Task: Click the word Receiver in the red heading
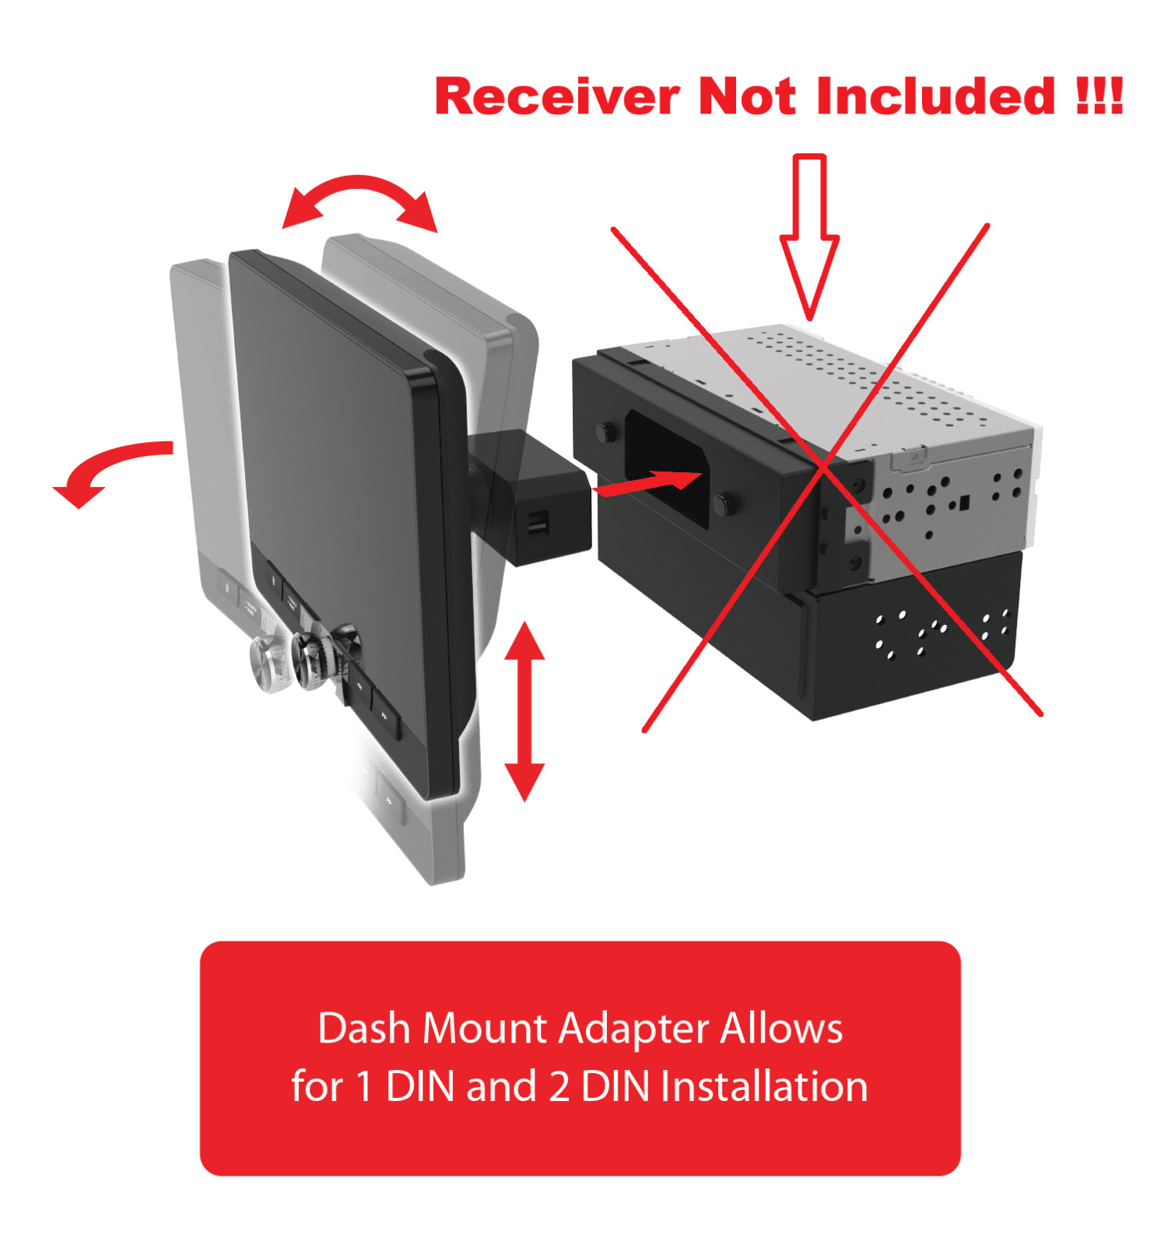[557, 96]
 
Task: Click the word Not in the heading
[747, 96]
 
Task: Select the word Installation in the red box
[764, 1086]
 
